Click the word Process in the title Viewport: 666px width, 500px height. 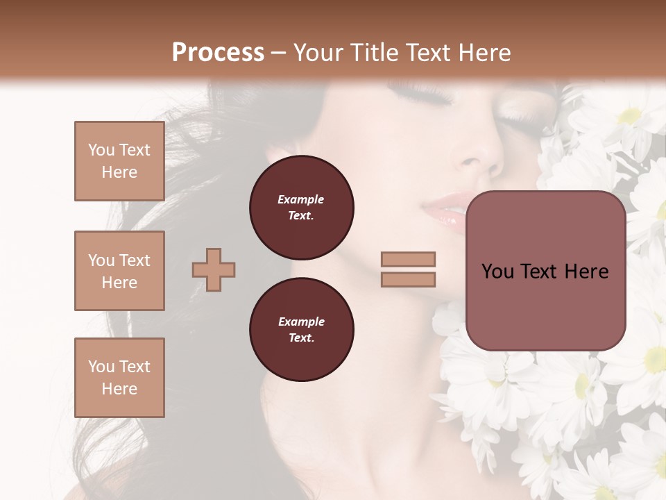(x=218, y=53)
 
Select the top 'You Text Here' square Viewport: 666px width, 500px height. (x=119, y=161)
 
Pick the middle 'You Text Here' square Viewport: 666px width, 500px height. (x=119, y=271)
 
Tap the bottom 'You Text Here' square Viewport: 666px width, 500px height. (x=119, y=378)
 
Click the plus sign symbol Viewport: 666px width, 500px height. (x=214, y=269)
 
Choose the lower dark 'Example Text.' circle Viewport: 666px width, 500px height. (x=302, y=329)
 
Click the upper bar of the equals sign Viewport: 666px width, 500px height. (x=409, y=259)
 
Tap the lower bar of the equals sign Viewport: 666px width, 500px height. (x=409, y=279)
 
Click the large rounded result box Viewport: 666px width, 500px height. (x=545, y=271)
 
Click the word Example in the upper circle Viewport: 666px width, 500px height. (x=301, y=199)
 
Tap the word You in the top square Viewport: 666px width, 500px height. (x=101, y=150)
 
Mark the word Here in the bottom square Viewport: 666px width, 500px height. (x=119, y=389)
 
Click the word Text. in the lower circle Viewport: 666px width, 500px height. (x=301, y=337)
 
